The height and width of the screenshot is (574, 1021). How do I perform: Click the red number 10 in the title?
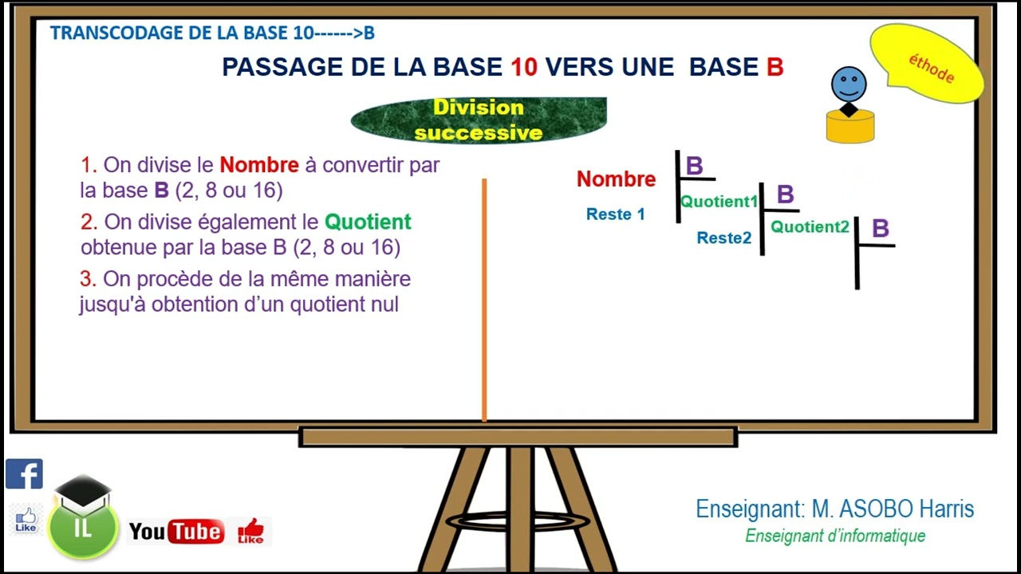coord(524,67)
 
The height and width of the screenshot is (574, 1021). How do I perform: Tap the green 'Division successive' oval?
coord(479,120)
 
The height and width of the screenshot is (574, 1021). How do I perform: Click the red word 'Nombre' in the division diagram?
coord(616,179)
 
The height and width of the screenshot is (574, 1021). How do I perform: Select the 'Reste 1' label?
coord(615,214)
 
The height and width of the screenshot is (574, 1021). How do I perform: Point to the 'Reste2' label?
coord(723,238)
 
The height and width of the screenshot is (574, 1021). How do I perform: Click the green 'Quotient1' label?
coord(718,202)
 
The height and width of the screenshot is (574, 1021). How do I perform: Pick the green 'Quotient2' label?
coord(810,227)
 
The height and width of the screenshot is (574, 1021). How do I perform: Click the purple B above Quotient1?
coord(694,166)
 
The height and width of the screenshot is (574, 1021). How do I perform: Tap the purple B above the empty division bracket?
coord(880,229)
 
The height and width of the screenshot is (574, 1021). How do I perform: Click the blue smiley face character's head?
coord(849,84)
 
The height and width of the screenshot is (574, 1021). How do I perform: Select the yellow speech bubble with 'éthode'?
coord(926,64)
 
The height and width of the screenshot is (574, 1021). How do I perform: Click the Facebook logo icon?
coord(24,474)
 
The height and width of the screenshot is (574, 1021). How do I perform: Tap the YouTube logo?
coord(176,532)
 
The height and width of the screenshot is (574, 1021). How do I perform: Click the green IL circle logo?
coord(83,527)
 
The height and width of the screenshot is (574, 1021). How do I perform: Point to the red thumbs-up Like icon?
coord(250,531)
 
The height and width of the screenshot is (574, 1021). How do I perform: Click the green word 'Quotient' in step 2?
coord(368,222)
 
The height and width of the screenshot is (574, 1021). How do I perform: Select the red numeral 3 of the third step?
coord(87,279)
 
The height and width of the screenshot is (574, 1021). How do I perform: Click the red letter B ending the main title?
coord(775,67)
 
